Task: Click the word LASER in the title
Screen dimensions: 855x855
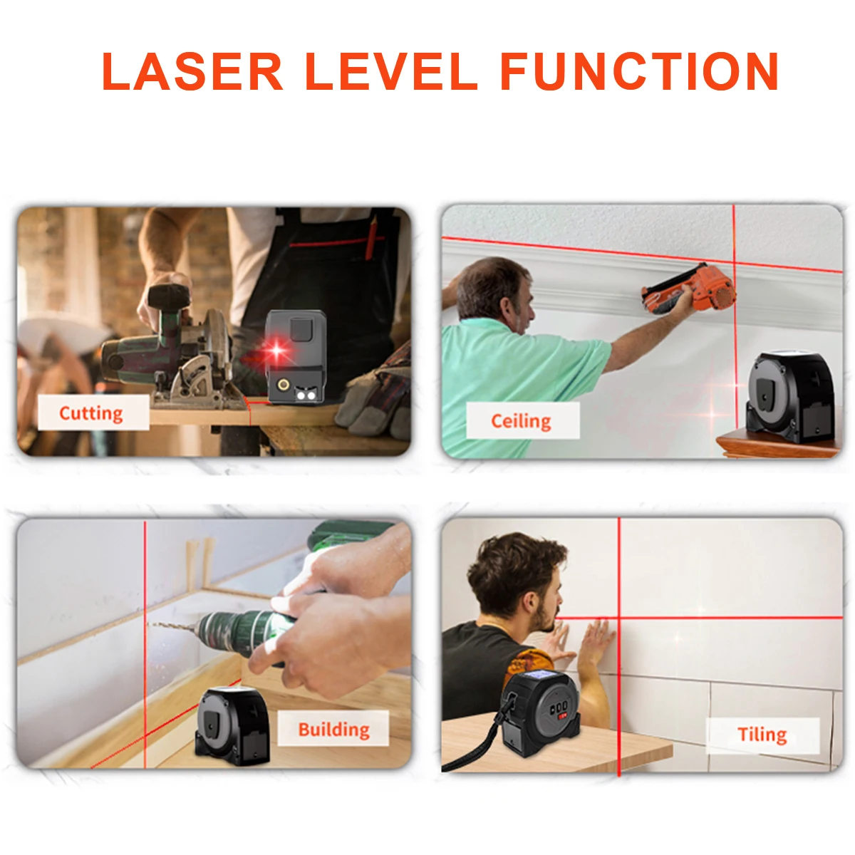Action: [192, 71]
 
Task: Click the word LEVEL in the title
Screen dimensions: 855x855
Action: [391, 71]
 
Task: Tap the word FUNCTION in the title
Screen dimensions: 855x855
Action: [639, 71]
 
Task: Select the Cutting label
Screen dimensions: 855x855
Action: [91, 413]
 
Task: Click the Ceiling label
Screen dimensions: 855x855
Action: [521, 421]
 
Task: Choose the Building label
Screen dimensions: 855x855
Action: [333, 729]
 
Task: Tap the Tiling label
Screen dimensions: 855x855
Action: [762, 735]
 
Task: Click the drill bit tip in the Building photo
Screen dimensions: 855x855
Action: [151, 625]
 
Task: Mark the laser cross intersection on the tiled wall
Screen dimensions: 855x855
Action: [618, 617]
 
